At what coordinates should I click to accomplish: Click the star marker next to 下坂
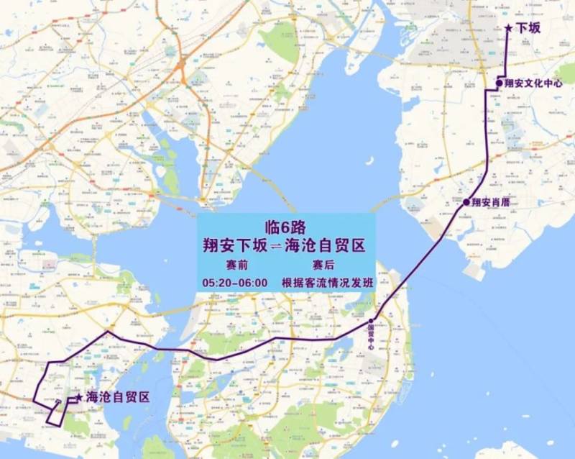(509, 29)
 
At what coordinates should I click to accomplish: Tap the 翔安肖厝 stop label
(491, 203)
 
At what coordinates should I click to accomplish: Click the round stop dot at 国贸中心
(372, 321)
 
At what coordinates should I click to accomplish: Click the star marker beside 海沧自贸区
(78, 397)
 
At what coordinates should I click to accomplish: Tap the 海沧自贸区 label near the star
(116, 397)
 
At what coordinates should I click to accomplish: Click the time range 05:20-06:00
(235, 283)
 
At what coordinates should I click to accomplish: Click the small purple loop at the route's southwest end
(53, 415)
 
